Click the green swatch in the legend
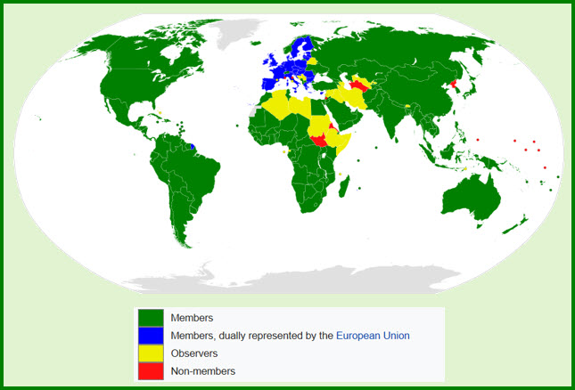pyautogui.click(x=151, y=317)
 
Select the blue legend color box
pyautogui.click(x=151, y=335)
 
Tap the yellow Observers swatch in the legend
pyautogui.click(x=151, y=353)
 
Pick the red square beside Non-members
pyautogui.click(x=151, y=370)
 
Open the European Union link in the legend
pyautogui.click(x=372, y=336)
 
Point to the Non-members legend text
pyautogui.click(x=202, y=370)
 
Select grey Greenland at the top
pyautogui.click(x=236, y=31)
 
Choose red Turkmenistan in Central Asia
pyautogui.click(x=360, y=85)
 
